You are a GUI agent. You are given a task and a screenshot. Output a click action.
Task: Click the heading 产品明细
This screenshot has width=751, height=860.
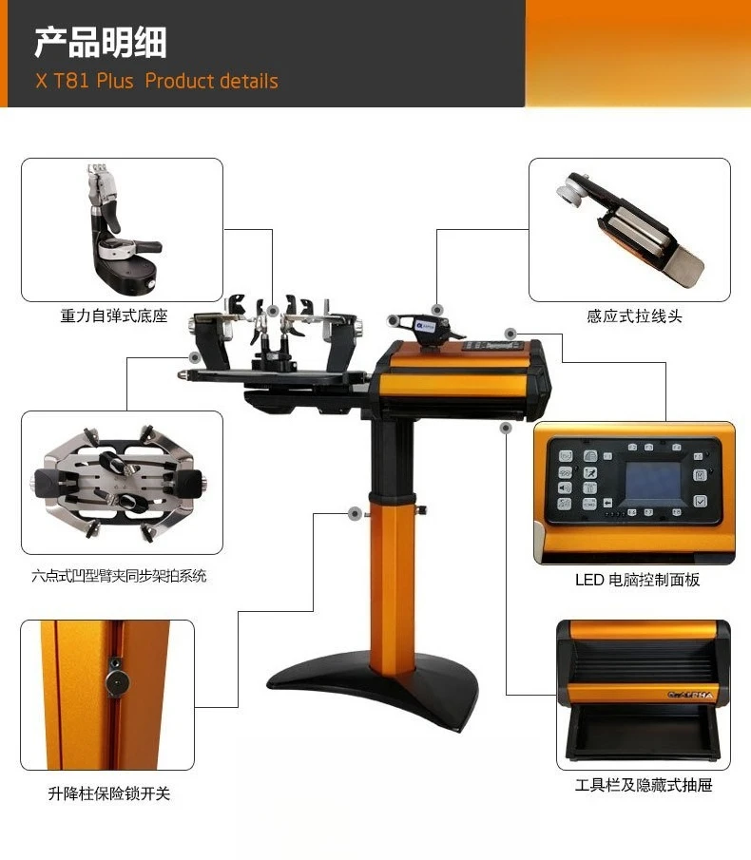(100, 43)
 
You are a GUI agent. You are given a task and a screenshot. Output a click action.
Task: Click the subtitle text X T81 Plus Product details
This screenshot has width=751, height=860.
(157, 81)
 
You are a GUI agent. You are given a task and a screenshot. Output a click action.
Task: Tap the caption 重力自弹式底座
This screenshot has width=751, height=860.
(114, 316)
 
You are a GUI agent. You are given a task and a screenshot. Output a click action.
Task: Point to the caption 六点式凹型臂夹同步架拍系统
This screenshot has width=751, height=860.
(118, 575)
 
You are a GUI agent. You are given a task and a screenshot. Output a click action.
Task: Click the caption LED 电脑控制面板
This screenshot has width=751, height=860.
(637, 580)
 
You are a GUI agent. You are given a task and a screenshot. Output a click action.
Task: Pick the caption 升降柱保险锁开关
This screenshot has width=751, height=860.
(109, 793)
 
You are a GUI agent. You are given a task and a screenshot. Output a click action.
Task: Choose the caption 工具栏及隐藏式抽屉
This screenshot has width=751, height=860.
(644, 785)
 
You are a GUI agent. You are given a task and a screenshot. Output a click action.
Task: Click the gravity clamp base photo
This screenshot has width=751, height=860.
(122, 230)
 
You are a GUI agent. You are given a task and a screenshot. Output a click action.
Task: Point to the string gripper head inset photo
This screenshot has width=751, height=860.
(629, 230)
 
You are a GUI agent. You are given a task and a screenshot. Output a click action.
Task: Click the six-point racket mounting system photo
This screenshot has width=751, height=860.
(122, 482)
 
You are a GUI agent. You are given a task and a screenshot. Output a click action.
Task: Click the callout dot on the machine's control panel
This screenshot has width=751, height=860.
(510, 334)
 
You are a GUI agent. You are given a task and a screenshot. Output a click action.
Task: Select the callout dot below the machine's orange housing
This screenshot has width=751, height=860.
(506, 428)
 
